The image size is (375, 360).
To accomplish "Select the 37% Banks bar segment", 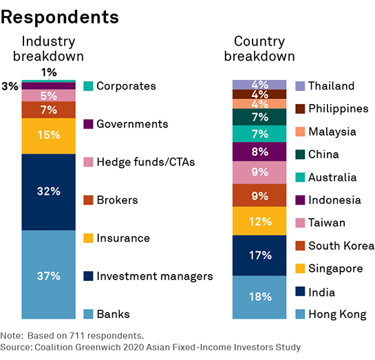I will [x=49, y=275].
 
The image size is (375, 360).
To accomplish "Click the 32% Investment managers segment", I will [x=49, y=192].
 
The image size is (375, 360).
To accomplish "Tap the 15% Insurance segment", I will [x=49, y=136].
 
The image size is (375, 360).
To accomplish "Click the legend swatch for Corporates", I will [x=87, y=86].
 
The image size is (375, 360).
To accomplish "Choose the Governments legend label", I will [x=132, y=124].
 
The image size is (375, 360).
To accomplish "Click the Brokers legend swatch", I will [x=87, y=200].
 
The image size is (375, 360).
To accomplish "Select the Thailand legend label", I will [x=331, y=86].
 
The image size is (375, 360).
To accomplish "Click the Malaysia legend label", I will [x=332, y=131].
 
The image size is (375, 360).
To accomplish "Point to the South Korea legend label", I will [x=341, y=246].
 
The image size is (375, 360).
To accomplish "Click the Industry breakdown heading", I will [x=52, y=48].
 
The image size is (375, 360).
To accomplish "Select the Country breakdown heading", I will [x=264, y=48].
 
